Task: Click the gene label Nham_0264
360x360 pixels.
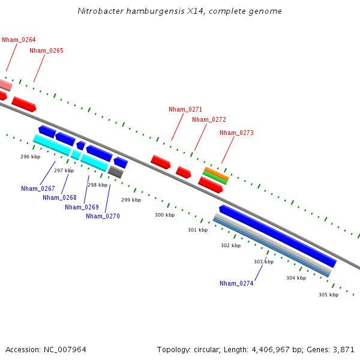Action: [x=19, y=40]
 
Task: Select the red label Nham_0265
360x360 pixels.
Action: [x=46, y=50]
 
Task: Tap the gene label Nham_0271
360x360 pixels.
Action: [x=185, y=109]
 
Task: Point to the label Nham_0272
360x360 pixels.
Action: [x=209, y=119]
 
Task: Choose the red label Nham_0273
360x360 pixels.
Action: [x=236, y=133]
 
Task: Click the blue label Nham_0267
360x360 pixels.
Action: [x=38, y=188]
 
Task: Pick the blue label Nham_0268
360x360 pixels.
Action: [x=59, y=197]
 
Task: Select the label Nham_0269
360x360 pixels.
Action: [x=82, y=207]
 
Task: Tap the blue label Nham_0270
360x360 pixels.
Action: [x=103, y=216]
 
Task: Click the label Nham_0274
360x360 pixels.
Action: [x=236, y=283]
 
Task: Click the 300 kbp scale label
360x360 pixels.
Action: [x=165, y=215]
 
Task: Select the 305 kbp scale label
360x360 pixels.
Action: [x=328, y=295]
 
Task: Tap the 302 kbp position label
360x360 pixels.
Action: [x=230, y=245]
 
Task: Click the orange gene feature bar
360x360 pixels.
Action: [x=216, y=173]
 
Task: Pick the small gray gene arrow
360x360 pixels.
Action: [x=116, y=172]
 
